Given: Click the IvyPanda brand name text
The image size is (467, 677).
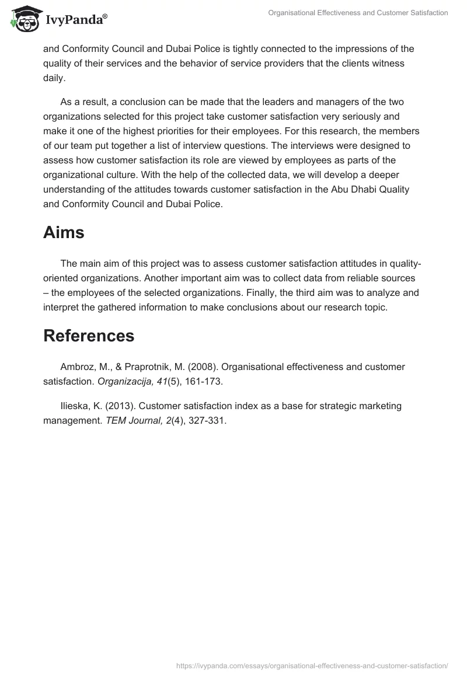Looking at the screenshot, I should click(x=75, y=21).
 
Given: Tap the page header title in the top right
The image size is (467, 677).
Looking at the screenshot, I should click(x=358, y=13).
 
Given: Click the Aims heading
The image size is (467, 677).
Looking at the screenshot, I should click(x=64, y=232).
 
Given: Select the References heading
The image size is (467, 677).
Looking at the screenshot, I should click(x=89, y=336).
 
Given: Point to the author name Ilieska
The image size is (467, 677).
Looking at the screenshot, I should click(x=75, y=405).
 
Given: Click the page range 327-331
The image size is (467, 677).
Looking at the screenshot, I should click(x=207, y=420).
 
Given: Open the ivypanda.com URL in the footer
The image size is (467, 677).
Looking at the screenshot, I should click(x=312, y=665).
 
